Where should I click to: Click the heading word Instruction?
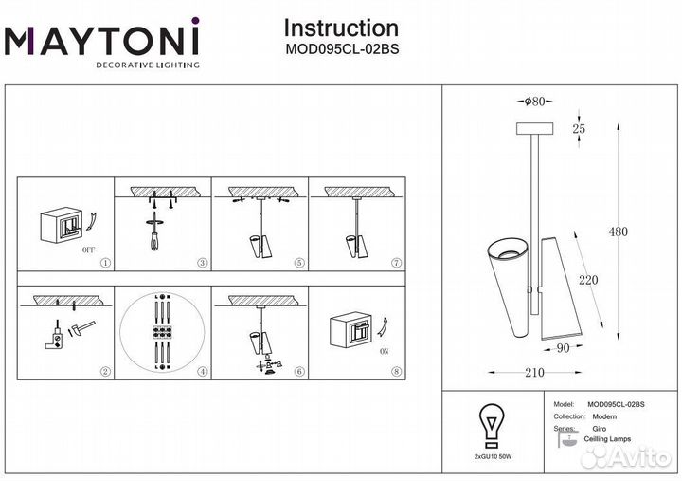[341, 28]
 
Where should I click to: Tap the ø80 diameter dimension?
[534, 102]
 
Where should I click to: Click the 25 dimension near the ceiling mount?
[580, 128]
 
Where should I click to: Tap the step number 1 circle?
[105, 262]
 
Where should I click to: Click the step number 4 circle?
[203, 372]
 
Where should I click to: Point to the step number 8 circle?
[396, 372]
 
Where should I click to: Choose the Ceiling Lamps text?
[608, 439]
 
